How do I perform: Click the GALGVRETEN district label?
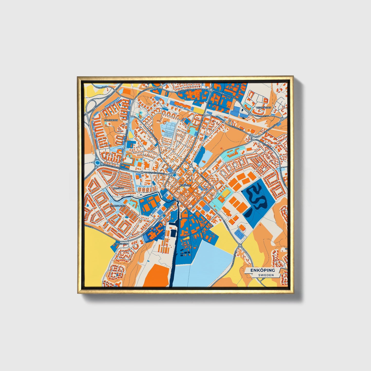[111, 120]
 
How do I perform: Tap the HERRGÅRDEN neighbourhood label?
[263, 108]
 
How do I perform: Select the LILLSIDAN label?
[118, 188]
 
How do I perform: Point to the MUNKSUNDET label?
[117, 206]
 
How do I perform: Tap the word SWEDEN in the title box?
[266, 275]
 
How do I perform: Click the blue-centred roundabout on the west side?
[98, 163]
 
